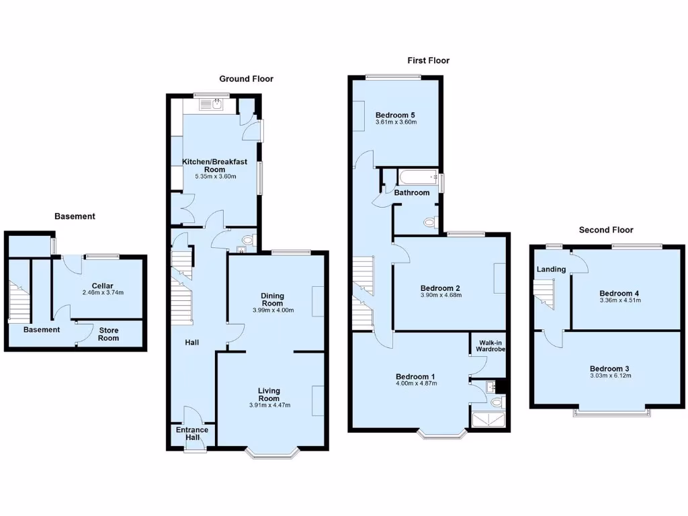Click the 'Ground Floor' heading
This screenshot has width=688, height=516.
246,79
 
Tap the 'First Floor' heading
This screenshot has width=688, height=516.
428,60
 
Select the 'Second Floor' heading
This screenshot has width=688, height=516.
607,230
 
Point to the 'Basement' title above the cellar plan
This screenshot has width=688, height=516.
75,216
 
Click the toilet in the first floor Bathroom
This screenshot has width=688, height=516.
431,222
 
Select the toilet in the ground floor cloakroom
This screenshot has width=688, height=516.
247,240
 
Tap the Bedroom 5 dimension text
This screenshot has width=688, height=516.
396,122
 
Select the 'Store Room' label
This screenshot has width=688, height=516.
108,334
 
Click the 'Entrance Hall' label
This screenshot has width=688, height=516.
192,434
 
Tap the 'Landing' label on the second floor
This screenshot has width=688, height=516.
551,269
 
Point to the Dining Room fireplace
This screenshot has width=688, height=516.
318,301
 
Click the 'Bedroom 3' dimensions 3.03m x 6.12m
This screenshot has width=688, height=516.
609,376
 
